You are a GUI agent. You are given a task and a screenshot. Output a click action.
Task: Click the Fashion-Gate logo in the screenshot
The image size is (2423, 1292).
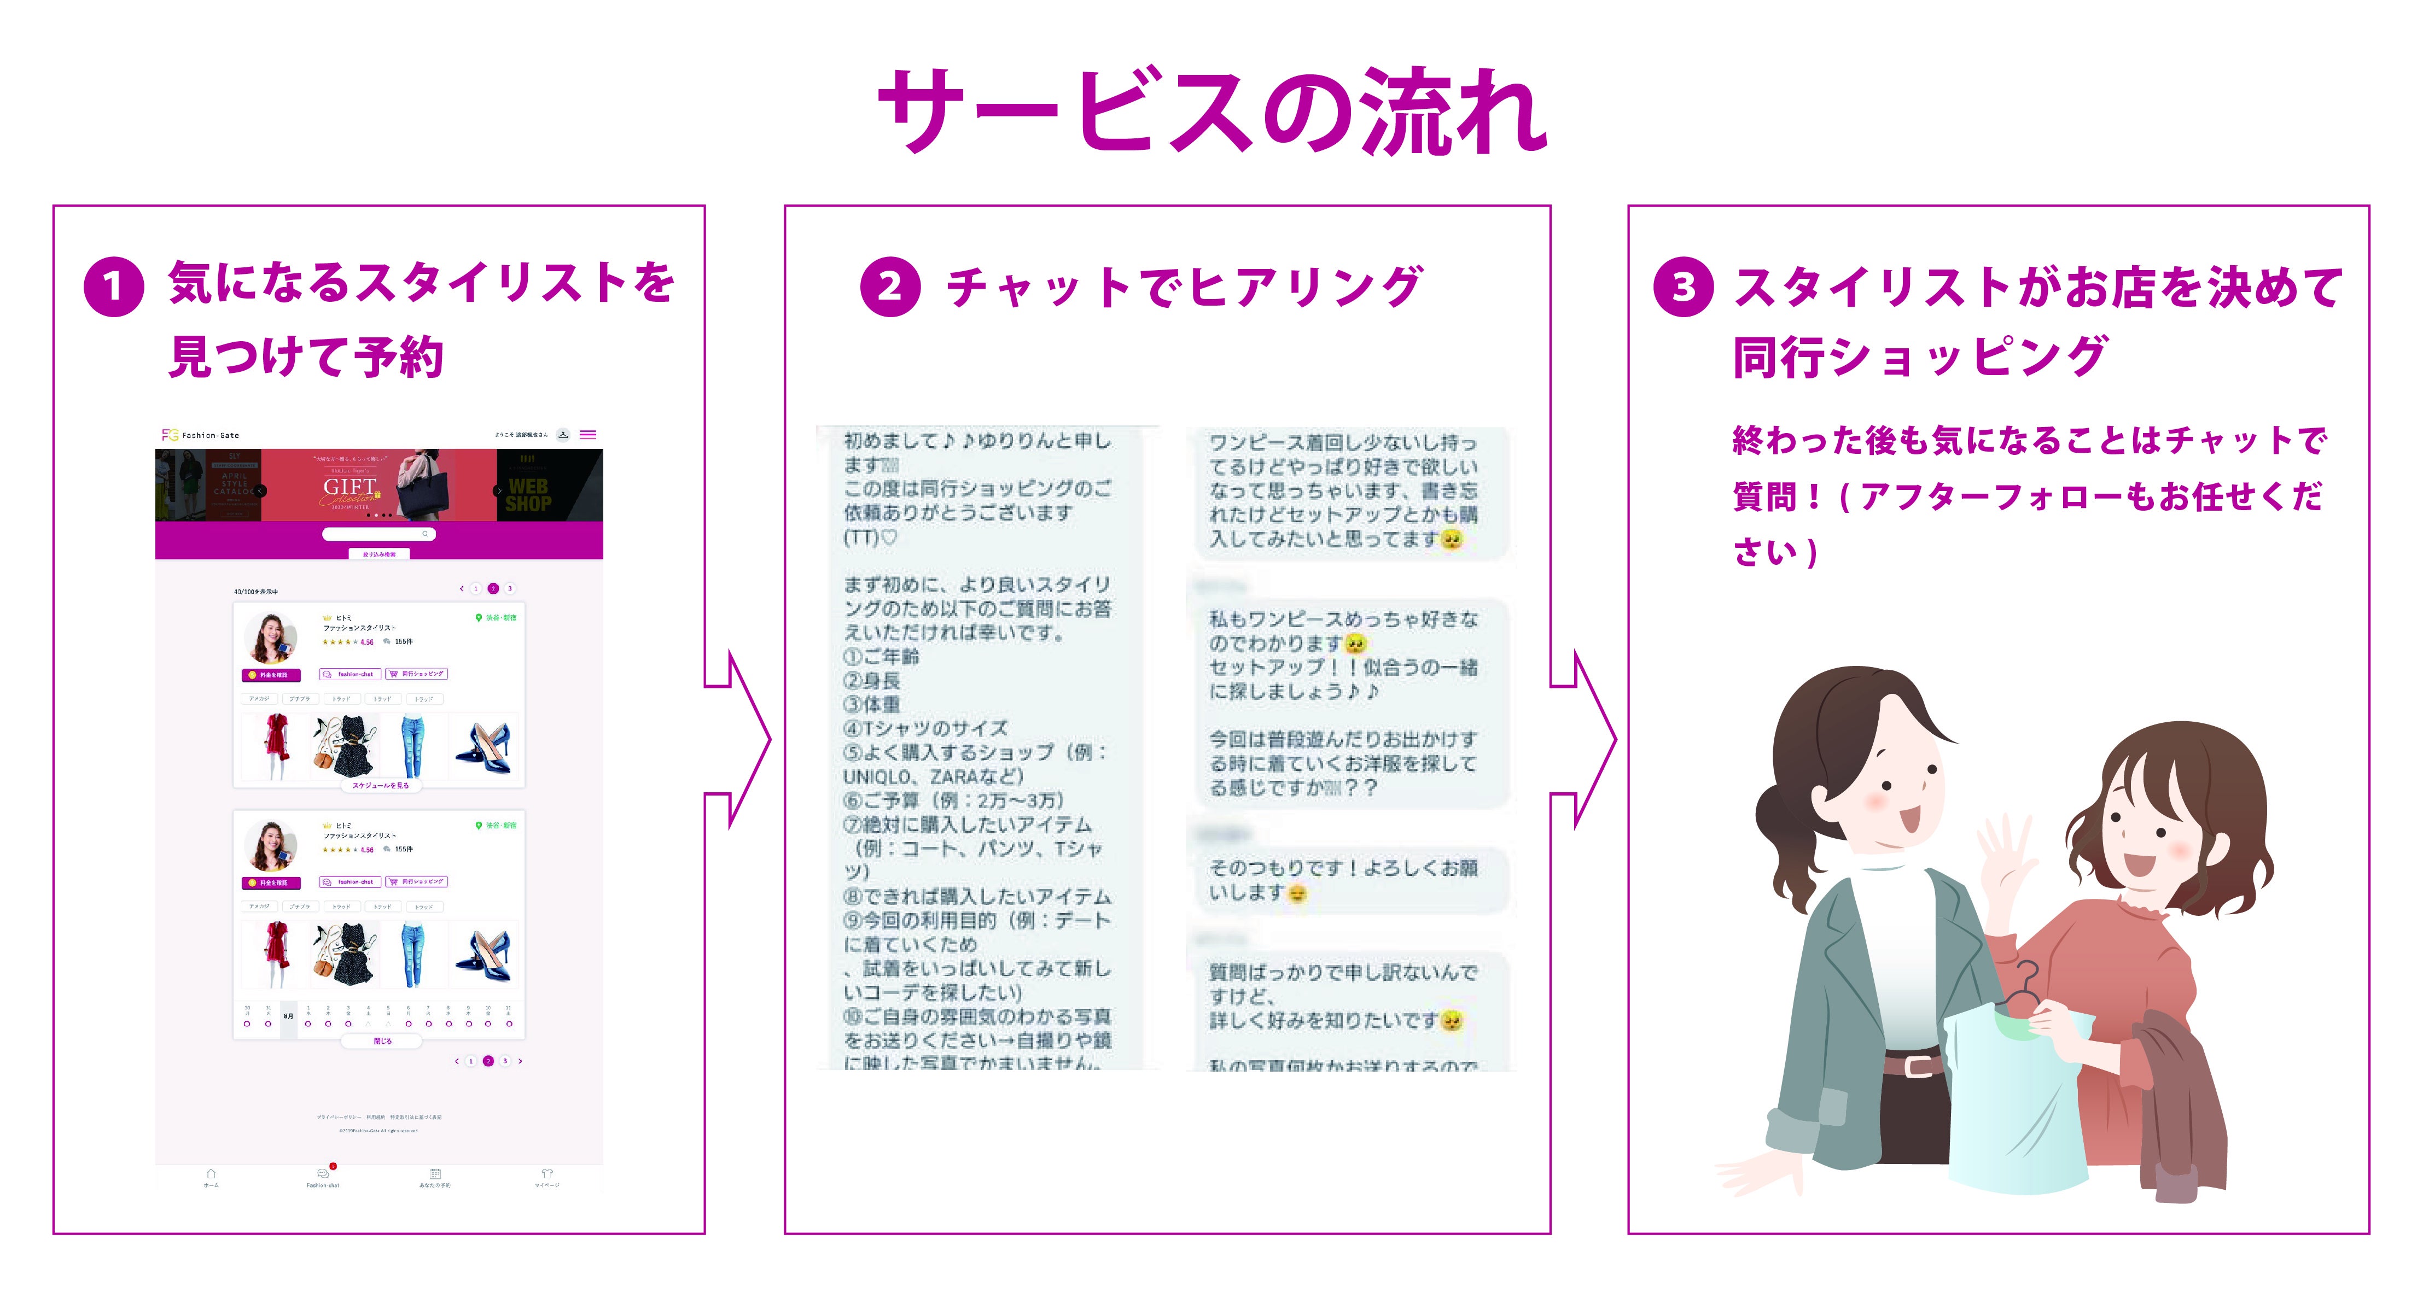[200, 435]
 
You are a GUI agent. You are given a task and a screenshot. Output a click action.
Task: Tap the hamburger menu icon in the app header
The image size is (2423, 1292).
[588, 435]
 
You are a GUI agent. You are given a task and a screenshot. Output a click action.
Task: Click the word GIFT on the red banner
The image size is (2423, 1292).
[350, 486]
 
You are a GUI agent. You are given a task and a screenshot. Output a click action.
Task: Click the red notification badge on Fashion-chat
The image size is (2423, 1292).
[333, 1166]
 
